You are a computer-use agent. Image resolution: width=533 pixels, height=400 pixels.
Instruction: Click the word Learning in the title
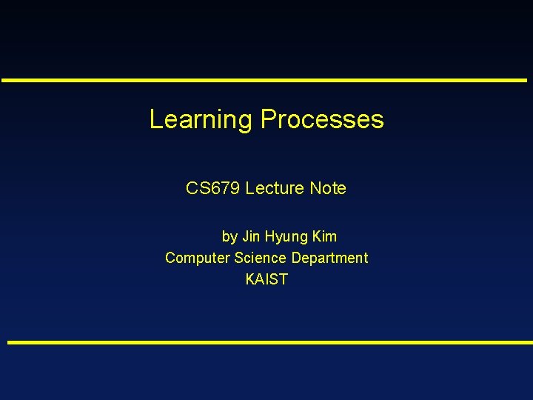[201, 119]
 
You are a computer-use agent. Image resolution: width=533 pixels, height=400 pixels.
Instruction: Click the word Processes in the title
[321, 119]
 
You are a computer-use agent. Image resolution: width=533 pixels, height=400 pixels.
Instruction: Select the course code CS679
[213, 188]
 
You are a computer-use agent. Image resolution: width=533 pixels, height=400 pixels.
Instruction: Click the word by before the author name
[229, 237]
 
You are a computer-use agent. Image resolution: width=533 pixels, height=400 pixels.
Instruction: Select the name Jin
[252, 236]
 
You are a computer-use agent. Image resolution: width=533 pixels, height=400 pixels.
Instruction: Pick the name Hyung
[286, 237]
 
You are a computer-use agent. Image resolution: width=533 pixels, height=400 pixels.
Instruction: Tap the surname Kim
[324, 236]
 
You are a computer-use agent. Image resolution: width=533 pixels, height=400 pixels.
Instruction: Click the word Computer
[197, 259]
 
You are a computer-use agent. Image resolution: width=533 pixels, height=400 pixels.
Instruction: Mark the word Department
[329, 259]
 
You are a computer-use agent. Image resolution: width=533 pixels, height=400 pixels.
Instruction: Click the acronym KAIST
[266, 279]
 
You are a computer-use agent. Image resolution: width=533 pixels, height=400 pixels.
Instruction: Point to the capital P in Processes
[267, 119]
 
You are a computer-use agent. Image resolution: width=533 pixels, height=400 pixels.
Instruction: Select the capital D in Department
[296, 258]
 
